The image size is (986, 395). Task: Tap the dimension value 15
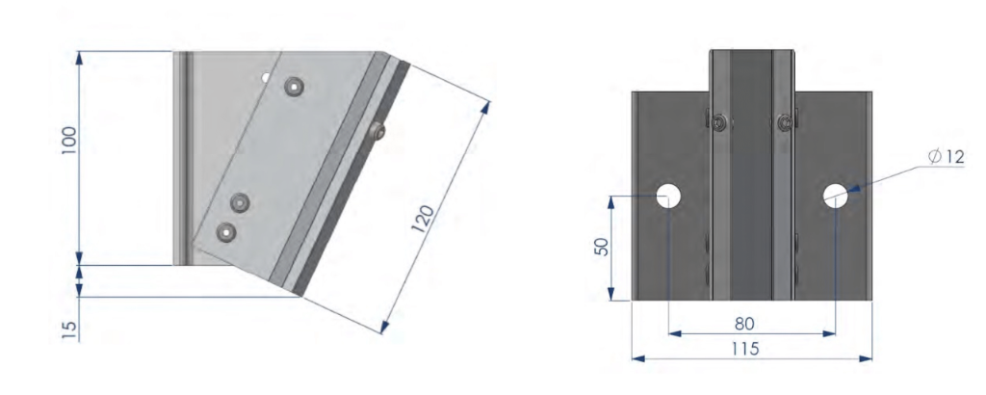(x=69, y=330)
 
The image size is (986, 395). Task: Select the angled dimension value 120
(x=423, y=219)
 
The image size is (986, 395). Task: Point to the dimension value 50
(x=602, y=246)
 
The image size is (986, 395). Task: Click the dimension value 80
(x=744, y=324)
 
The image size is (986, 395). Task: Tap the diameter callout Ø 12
(x=946, y=157)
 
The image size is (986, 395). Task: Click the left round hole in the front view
(x=668, y=197)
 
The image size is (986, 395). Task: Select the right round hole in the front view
(x=836, y=197)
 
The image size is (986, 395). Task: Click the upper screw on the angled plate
(x=295, y=86)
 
